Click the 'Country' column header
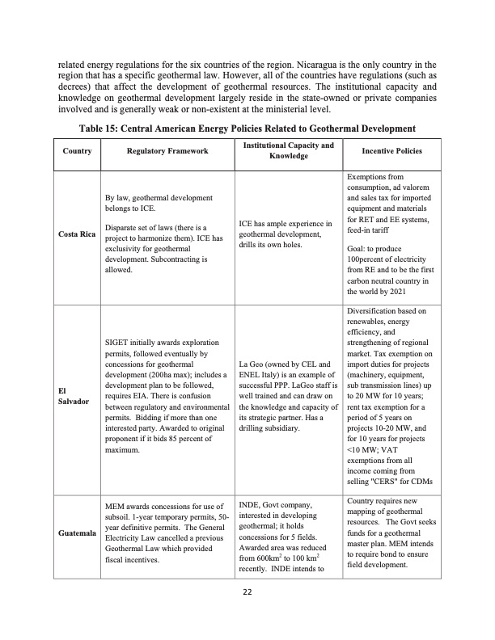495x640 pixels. tap(76, 151)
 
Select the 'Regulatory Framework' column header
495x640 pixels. tap(167, 151)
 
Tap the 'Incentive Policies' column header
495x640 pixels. tap(392, 151)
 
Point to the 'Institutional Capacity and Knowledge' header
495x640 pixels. tap(287, 150)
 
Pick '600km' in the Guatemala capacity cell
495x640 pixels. tap(275, 557)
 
